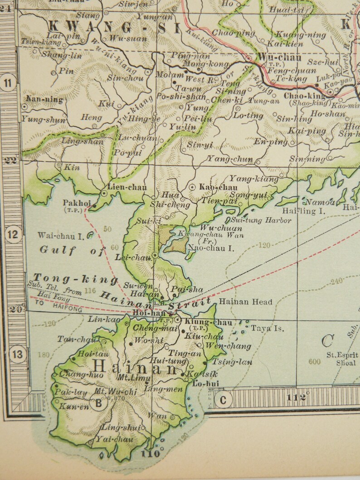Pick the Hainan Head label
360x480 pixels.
click(245, 302)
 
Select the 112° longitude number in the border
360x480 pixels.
click(297, 398)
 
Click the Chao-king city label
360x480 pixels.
click(305, 96)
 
